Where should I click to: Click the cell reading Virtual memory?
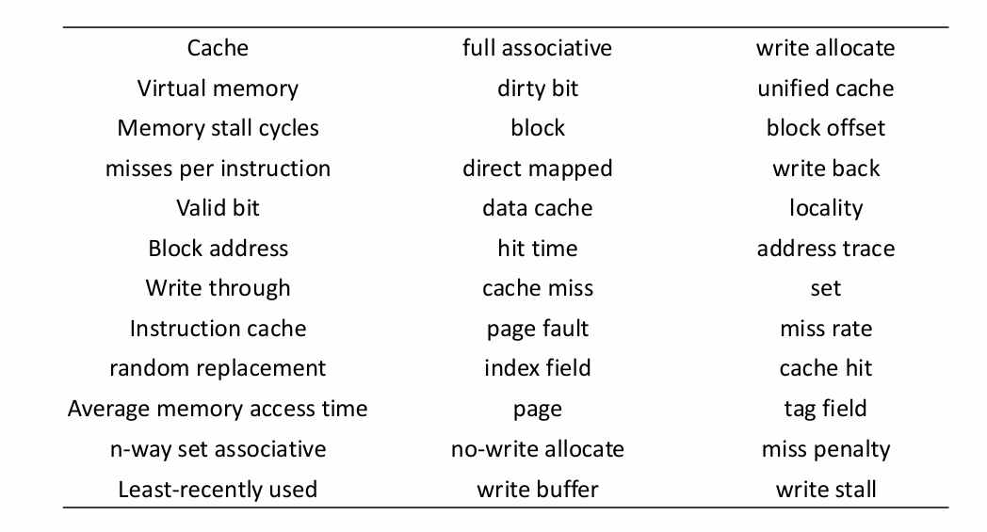[218, 89]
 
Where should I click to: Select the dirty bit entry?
[538, 89]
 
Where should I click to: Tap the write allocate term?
[825, 48]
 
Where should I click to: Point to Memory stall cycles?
[218, 128]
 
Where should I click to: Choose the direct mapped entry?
[538, 169]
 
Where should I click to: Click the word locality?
[825, 208]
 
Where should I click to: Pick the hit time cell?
[538, 249]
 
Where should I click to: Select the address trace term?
[825, 249]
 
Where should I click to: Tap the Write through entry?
[218, 288]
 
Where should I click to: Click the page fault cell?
[538, 329]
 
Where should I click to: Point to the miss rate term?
[825, 329]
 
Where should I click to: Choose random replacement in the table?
[218, 368]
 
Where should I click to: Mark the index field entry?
[538, 368]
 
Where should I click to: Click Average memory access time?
[218, 409]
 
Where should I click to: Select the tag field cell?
[825, 409]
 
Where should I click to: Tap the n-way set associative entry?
[218, 449]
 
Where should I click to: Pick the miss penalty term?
[825, 449]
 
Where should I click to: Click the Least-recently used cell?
[218, 489]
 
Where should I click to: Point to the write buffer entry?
[538, 489]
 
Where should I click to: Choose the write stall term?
[825, 489]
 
